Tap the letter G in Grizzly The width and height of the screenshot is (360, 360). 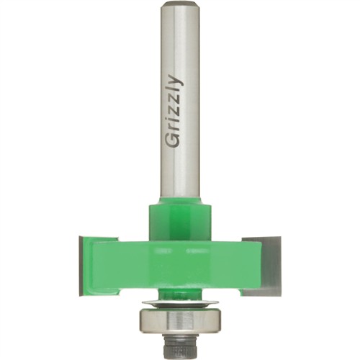(174, 141)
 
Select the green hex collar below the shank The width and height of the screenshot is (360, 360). (180, 221)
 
